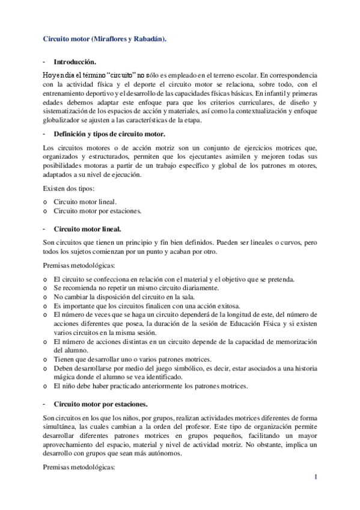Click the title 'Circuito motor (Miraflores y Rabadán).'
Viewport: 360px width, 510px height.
[x=105, y=38]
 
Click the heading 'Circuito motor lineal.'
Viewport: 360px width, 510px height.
[x=87, y=229]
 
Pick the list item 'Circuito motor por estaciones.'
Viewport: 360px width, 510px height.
[x=97, y=211]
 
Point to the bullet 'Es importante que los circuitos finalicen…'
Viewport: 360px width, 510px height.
[x=147, y=305]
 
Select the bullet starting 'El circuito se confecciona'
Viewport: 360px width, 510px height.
[x=165, y=279]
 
